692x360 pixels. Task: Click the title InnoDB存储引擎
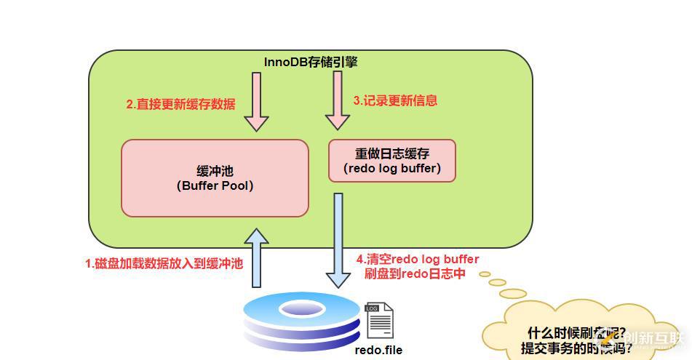[x=310, y=62]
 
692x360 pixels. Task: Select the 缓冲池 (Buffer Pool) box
[x=215, y=177]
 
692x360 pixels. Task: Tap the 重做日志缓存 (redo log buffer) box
[x=392, y=161]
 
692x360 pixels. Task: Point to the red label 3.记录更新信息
[x=395, y=100]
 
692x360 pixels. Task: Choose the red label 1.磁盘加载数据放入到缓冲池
[x=164, y=264]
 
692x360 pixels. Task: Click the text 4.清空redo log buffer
[x=418, y=259]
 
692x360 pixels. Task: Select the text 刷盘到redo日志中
[x=415, y=274]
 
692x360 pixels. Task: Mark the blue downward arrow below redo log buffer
[x=338, y=240]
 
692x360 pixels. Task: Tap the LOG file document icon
[x=379, y=321]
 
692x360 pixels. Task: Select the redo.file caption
[x=378, y=350]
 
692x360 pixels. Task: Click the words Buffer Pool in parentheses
[x=215, y=185]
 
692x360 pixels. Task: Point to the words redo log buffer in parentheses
[x=391, y=169]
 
